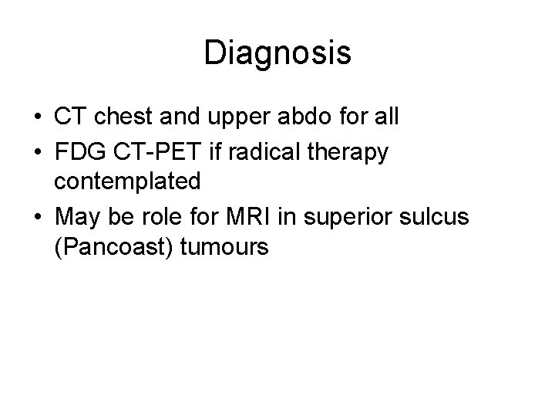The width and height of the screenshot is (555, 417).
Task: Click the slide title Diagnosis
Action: coord(277,53)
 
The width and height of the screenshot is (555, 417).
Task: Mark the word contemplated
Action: coord(128,182)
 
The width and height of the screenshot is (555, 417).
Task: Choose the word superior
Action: coord(350,217)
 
